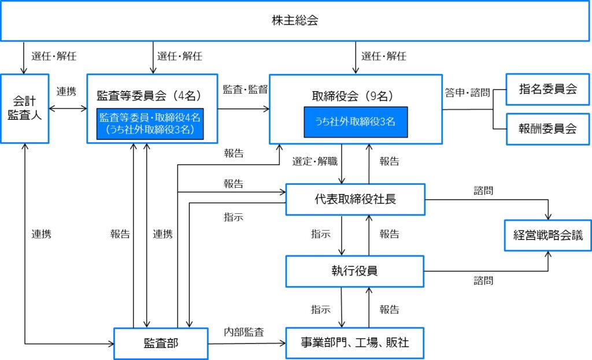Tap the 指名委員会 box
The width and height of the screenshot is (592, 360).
click(547, 89)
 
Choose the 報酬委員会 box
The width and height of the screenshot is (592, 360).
click(547, 128)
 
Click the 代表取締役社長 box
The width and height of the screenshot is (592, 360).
click(356, 199)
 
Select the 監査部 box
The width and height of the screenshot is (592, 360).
click(161, 343)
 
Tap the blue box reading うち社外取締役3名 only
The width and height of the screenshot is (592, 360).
click(356, 122)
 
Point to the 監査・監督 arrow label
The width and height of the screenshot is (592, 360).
click(243, 90)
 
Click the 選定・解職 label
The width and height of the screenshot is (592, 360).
click(314, 162)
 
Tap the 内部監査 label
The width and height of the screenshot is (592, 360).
click(244, 332)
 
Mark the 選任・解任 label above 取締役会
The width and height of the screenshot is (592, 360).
click(383, 57)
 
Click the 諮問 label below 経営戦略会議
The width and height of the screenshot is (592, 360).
click(483, 280)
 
